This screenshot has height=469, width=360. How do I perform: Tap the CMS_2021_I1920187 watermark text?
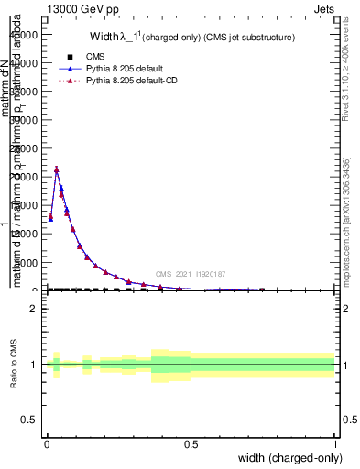click(191, 274)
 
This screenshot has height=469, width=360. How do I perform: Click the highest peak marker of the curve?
click(57, 169)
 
